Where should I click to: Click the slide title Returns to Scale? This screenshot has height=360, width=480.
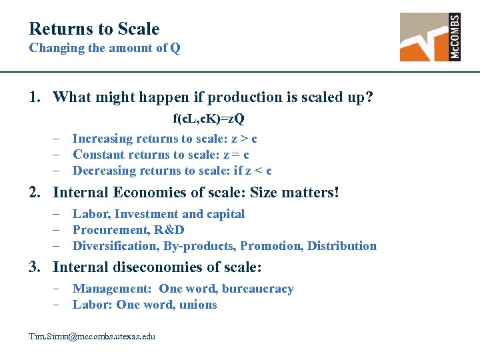click(x=94, y=29)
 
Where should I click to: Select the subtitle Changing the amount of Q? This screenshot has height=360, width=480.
click(x=104, y=48)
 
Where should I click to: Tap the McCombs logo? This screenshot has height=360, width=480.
click(x=430, y=37)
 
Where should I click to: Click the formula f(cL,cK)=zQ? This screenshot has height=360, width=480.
click(x=209, y=119)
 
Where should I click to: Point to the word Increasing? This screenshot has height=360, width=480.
click(x=102, y=139)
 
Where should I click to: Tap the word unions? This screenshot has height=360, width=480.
click(x=198, y=305)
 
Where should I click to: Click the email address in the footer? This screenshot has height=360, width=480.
click(x=92, y=336)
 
